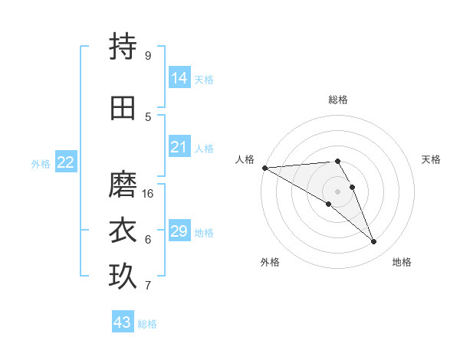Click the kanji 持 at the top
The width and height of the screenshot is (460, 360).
click(x=123, y=47)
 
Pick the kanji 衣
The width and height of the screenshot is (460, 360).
click(x=123, y=231)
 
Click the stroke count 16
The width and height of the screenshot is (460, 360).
click(x=149, y=194)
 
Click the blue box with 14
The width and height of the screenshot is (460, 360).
click(x=179, y=77)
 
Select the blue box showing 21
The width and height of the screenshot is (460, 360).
click(x=179, y=147)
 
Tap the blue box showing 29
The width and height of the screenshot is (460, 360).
click(x=179, y=231)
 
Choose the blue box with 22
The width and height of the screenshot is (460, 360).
click(x=66, y=162)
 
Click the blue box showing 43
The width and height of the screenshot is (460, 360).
click(x=123, y=322)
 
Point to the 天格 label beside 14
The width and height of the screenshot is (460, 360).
click(x=204, y=80)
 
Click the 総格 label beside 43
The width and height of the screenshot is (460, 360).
click(x=147, y=325)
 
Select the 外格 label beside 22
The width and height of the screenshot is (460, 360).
click(x=41, y=164)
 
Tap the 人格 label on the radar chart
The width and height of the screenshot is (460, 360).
click(x=245, y=159)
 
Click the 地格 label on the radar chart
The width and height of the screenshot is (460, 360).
click(x=402, y=262)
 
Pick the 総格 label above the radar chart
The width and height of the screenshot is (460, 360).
click(x=337, y=100)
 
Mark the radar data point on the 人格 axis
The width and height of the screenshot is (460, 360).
click(x=264, y=167)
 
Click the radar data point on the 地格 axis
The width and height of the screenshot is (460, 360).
click(x=374, y=242)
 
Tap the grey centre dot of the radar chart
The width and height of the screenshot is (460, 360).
click(x=337, y=191)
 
